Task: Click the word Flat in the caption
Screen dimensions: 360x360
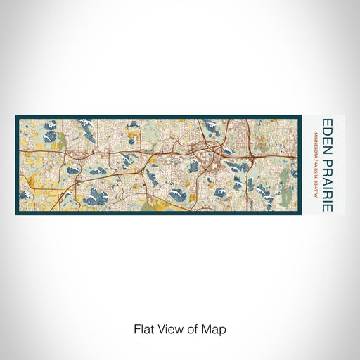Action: [x=142, y=329]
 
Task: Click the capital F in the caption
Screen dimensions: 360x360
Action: [x=134, y=329]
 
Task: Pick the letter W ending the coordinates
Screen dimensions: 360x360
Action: [x=314, y=193]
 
